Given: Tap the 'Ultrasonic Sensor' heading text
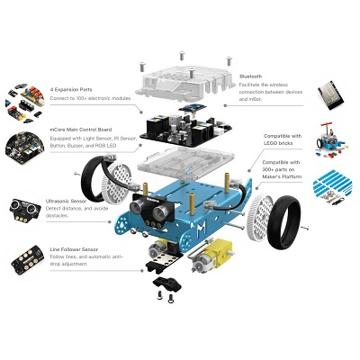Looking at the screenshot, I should click(x=71, y=200).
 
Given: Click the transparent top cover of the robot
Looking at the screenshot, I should click(x=188, y=76).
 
